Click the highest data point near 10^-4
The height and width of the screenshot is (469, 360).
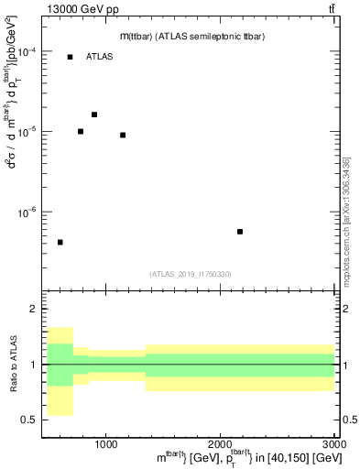[x=70, y=57]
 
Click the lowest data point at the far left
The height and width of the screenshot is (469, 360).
[x=60, y=242]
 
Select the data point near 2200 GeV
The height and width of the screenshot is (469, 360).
[x=240, y=232]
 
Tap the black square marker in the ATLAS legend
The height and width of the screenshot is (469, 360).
[x=70, y=57]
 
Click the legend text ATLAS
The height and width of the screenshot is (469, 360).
[x=99, y=57]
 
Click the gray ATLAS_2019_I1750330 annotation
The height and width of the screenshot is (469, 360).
[x=191, y=273]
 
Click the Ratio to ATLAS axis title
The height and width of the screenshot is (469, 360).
[x=10, y=365]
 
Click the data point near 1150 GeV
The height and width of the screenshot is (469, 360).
[x=123, y=135]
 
